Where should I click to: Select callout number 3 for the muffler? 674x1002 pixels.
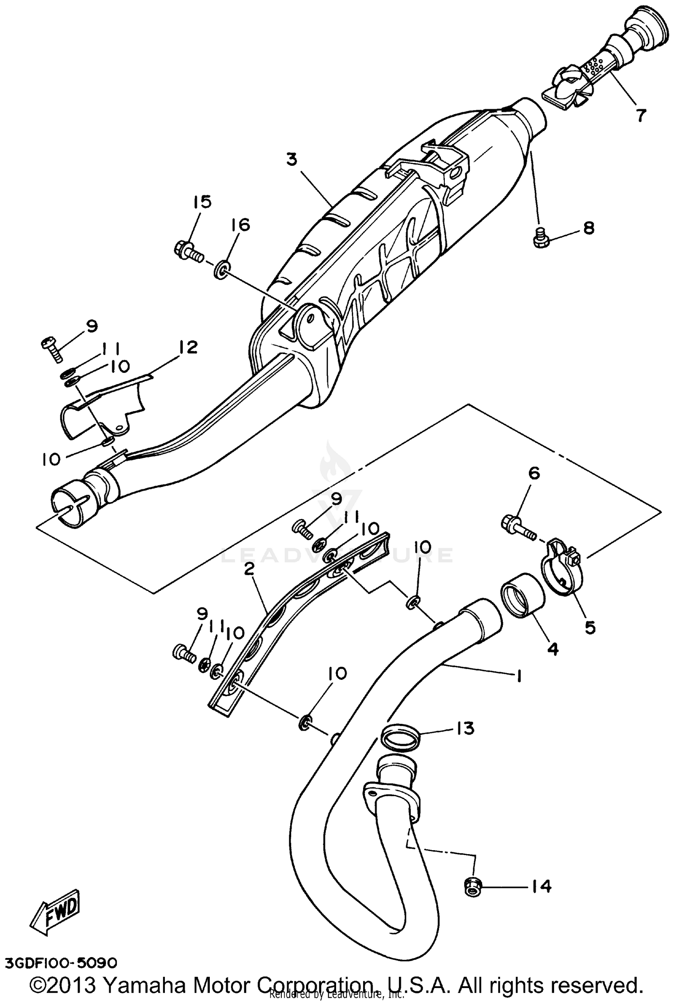point(292,159)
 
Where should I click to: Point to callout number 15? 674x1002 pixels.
point(202,202)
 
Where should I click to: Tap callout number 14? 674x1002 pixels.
point(542,886)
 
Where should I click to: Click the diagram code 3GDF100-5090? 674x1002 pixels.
point(61,963)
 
